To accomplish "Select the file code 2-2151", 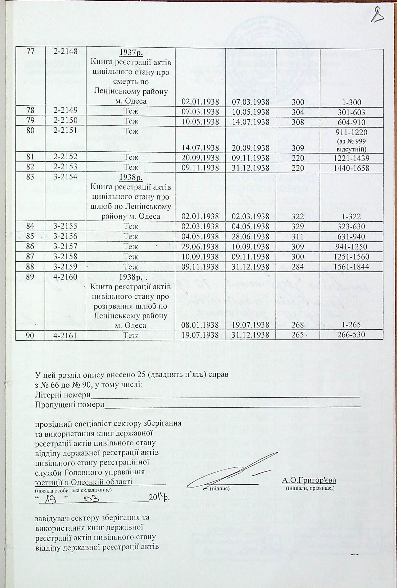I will coord(66,130).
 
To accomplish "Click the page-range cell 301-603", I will coord(352,112).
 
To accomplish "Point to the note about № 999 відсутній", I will coord(352,144).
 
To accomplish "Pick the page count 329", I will coord(298,226).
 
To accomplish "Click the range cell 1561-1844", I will coord(352,267).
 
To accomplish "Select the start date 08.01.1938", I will coord(200,325).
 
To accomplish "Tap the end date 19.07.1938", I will coord(250,325).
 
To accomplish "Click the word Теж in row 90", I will coord(131,335).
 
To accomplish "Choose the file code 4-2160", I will coord(66,277).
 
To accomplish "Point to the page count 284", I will coord(298,267).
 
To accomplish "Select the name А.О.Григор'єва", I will coord(309,481).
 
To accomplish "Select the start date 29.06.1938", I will coord(200,246).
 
